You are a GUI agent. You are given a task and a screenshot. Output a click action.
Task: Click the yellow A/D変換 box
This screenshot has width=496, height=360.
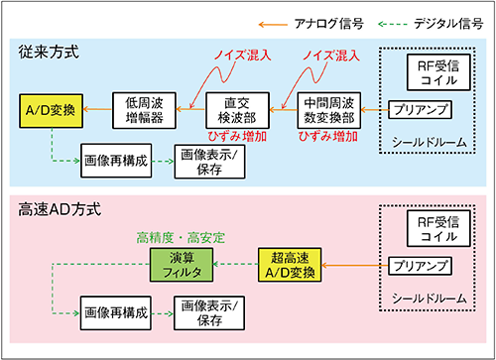pos(53,103)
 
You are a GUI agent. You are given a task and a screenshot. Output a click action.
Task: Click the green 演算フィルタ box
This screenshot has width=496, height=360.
pos(180,265)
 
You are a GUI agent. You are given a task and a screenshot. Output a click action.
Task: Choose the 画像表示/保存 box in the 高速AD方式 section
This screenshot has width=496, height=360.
pos(214,314)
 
